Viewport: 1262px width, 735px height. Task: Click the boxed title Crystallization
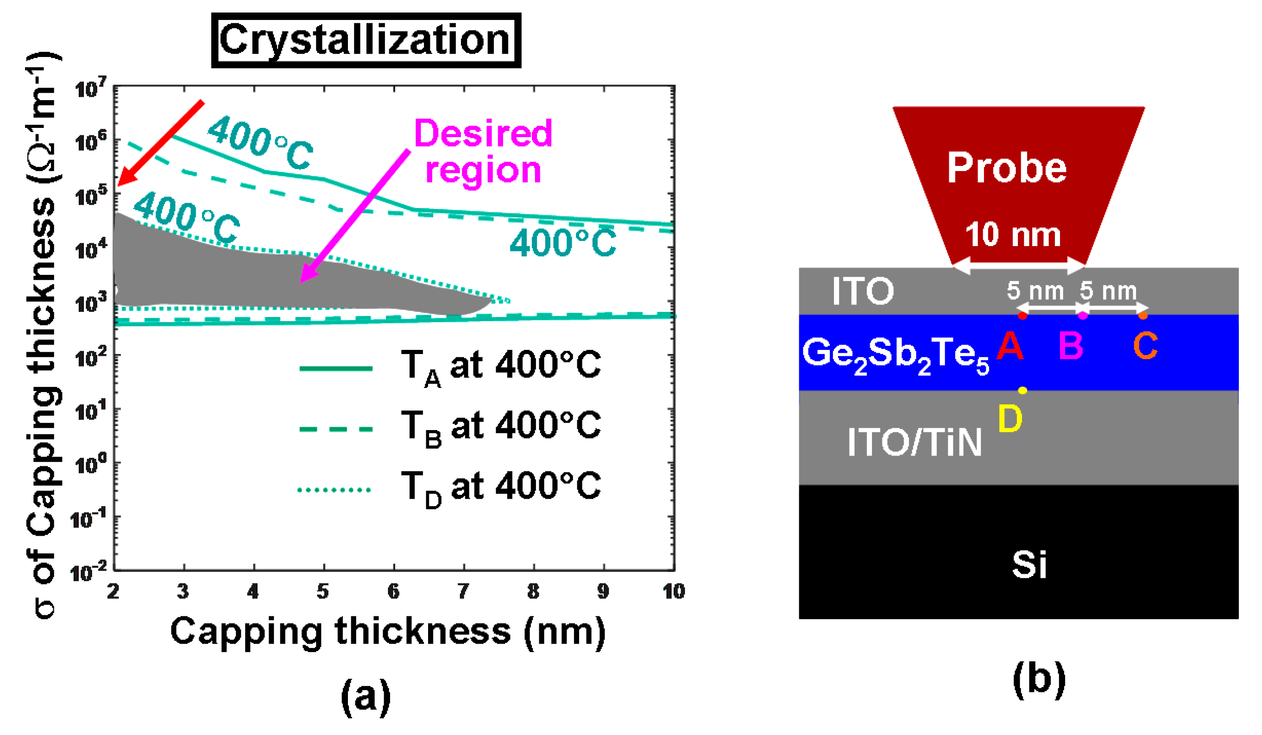pos(366,40)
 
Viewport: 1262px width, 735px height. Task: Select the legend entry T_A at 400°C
pos(451,368)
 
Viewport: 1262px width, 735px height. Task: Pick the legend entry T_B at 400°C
pos(451,428)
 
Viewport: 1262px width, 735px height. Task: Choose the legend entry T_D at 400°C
pos(451,489)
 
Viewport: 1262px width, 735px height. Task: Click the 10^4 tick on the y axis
pos(91,249)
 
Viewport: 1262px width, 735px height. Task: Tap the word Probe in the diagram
pos(1007,168)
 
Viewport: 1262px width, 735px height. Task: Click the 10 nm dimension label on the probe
pos(1013,235)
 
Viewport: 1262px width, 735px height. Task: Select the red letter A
pos(1010,346)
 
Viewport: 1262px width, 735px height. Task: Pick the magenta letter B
pos(1071,346)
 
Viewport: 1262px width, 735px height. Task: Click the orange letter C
pos(1145,346)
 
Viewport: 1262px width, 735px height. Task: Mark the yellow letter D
pos(1010,419)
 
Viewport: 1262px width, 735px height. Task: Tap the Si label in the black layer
pos(1029,564)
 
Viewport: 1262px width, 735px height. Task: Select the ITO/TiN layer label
pos(915,443)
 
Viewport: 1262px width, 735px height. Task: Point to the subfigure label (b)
pos(1039,679)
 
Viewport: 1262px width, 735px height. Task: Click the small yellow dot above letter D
pos(1022,390)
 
